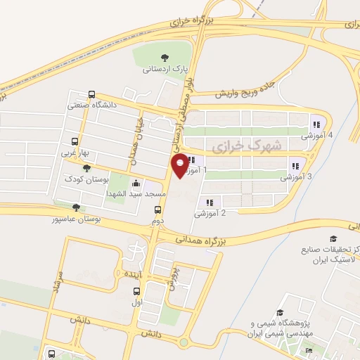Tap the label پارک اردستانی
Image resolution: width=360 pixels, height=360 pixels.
coord(163,69)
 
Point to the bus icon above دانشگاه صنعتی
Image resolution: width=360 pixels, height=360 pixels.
coord(91,95)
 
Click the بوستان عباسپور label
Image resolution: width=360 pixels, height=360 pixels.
coord(76,218)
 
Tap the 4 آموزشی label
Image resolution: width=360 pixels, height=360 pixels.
coord(317,134)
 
